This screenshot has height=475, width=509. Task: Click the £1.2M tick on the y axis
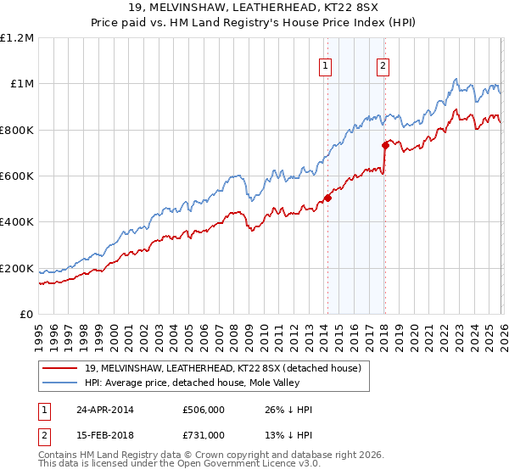(x=17, y=37)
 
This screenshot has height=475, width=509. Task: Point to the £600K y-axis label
(x=17, y=176)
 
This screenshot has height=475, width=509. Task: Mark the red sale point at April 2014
(x=327, y=198)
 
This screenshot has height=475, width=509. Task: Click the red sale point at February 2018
(x=384, y=146)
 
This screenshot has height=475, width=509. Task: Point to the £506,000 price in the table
(x=204, y=410)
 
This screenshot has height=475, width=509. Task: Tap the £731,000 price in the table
(x=204, y=435)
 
